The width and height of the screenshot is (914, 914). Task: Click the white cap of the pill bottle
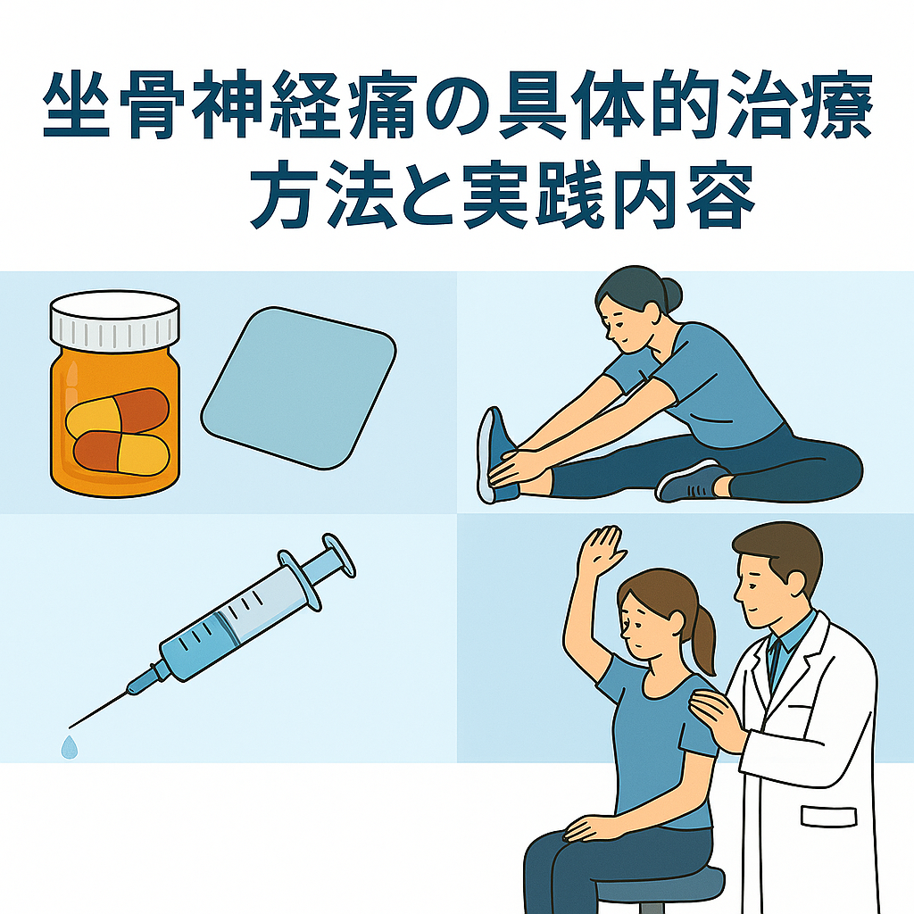(x=115, y=320)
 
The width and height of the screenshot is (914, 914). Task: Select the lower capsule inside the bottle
(x=121, y=453)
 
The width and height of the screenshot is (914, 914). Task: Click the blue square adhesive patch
(x=298, y=387)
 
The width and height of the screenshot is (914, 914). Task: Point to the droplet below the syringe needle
(x=70, y=747)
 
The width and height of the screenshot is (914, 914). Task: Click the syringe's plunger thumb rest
(x=339, y=555)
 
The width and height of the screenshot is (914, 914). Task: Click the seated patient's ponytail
(x=703, y=639)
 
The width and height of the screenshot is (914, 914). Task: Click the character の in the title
(x=457, y=107)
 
